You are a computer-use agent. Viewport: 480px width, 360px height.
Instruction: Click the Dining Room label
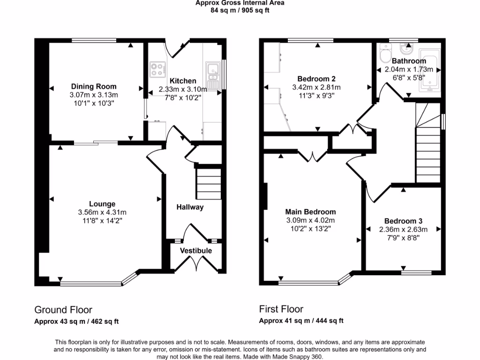(94, 86)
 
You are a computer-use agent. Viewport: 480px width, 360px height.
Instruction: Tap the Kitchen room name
(180, 81)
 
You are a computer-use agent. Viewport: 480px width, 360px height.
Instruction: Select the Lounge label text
(102, 204)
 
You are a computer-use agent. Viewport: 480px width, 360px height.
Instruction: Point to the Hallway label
(190, 207)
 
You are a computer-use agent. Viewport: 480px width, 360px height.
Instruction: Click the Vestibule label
(196, 251)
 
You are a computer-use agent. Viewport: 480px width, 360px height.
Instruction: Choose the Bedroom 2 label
(316, 79)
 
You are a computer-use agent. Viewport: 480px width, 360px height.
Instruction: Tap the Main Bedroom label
(311, 212)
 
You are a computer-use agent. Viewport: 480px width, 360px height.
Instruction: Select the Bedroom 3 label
(400, 221)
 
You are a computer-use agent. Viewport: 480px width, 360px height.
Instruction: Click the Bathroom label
(409, 61)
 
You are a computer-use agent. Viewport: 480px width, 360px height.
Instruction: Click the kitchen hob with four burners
(157, 69)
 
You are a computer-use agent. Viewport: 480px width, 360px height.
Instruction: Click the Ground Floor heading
(63, 309)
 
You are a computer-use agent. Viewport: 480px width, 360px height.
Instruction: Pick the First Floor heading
(281, 309)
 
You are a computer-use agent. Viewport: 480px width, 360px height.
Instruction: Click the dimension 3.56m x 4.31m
(102, 212)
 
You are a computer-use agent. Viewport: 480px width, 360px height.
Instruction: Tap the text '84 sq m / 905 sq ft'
(240, 10)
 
